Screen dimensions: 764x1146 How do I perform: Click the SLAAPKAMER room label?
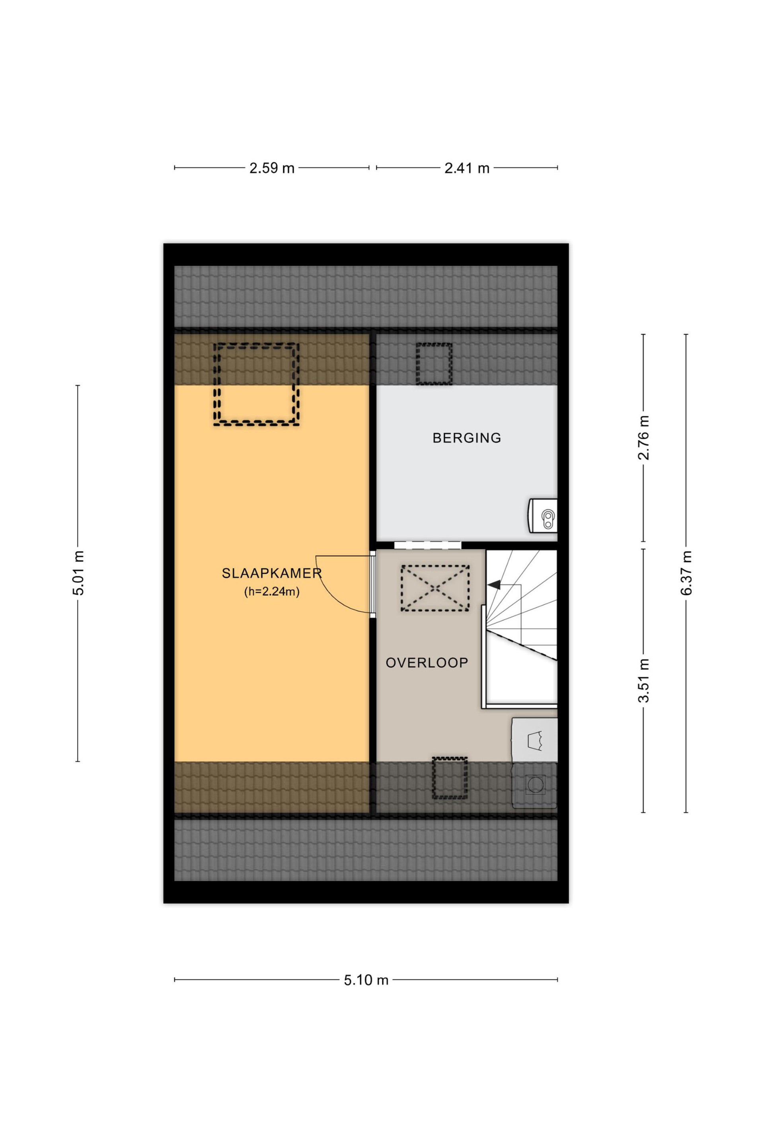pyautogui.click(x=272, y=573)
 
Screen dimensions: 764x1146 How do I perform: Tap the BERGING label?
pyautogui.click(x=467, y=438)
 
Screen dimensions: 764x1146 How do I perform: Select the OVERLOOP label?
pyautogui.click(x=427, y=663)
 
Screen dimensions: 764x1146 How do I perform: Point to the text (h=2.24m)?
pyautogui.click(x=271, y=592)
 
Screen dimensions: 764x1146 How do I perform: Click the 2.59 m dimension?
pyautogui.click(x=272, y=168)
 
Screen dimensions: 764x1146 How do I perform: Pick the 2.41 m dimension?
pyautogui.click(x=467, y=168)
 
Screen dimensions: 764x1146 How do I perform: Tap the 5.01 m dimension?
pyautogui.click(x=78, y=573)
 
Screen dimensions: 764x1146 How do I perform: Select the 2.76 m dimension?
pyautogui.click(x=644, y=438)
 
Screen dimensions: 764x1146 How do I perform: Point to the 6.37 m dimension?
pyautogui.click(x=686, y=573)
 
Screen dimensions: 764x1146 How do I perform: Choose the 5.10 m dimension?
pyautogui.click(x=366, y=980)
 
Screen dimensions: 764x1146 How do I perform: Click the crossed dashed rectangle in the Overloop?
pyautogui.click(x=435, y=588)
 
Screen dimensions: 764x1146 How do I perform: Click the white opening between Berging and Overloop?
pyautogui.click(x=427, y=545)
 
